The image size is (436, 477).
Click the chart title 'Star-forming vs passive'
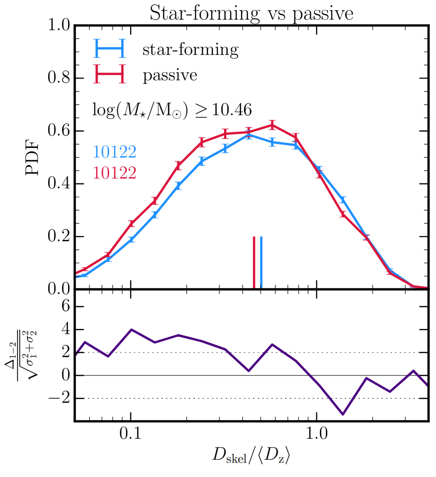(x=251, y=13)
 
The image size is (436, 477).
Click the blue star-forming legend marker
(x=110, y=48)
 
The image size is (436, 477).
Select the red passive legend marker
(x=110, y=74)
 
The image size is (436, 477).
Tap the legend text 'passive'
(x=170, y=75)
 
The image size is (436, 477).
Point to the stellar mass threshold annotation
(x=172, y=110)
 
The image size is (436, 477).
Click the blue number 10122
(x=114, y=152)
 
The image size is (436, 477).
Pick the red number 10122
(x=114, y=173)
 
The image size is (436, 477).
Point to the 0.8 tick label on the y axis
(x=59, y=78)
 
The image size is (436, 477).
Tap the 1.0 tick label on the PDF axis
(x=59, y=25)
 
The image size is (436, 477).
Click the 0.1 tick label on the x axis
(x=130, y=434)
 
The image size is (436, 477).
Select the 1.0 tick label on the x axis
(x=316, y=434)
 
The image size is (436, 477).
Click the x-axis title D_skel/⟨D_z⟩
(x=251, y=455)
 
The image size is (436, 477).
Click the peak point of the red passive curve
(x=272, y=125)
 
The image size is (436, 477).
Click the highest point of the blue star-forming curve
(x=249, y=135)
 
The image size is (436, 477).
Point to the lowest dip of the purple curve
(x=342, y=414)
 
